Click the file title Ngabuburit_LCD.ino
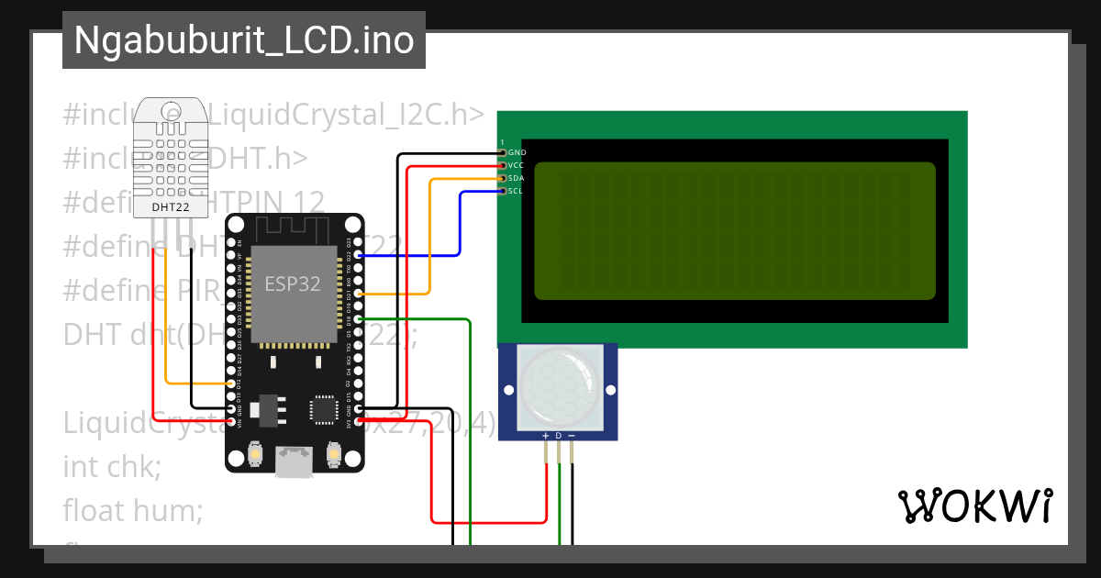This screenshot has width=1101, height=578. pos(243,40)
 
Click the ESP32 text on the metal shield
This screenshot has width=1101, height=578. pos(293,284)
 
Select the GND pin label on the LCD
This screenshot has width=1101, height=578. pos(517,152)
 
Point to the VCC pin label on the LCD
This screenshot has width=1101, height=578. pos(517,165)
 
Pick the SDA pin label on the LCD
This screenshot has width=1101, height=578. pos(517,178)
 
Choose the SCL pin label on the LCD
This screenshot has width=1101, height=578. pos(516,191)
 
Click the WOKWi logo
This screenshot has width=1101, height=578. pos(974,506)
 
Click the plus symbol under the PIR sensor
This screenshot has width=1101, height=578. pos(546,435)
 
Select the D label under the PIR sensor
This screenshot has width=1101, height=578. pos(558,435)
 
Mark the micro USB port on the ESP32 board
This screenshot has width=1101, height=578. pos(294,461)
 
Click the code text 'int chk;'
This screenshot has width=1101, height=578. pos(112,467)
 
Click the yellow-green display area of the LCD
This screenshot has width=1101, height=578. pos(734,231)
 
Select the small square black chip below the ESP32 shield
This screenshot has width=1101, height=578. pos(324,410)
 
